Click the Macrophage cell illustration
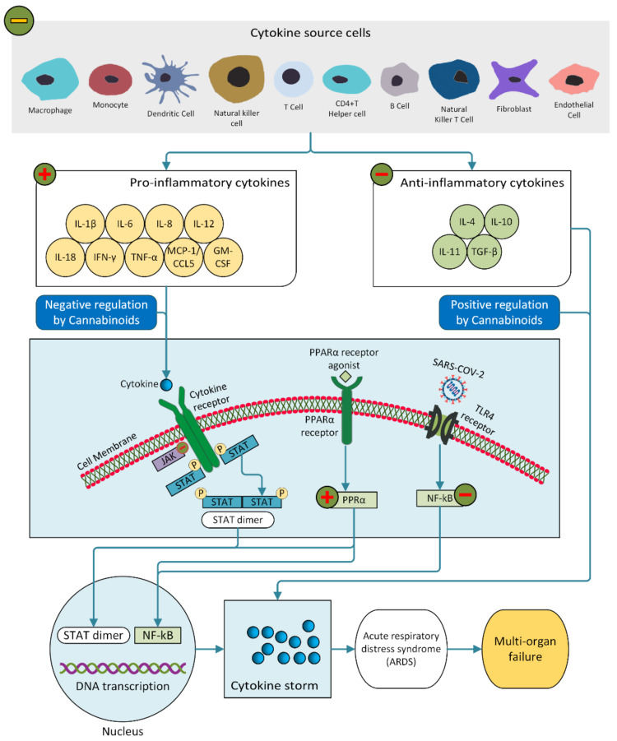click(x=49, y=79)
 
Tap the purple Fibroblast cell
click(x=512, y=81)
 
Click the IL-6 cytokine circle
click(x=125, y=225)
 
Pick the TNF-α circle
click(x=145, y=257)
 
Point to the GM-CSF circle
click(x=224, y=257)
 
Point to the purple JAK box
click(x=165, y=464)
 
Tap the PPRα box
click(x=355, y=497)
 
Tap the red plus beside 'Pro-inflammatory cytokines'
click(x=44, y=174)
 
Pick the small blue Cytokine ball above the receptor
click(x=165, y=384)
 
